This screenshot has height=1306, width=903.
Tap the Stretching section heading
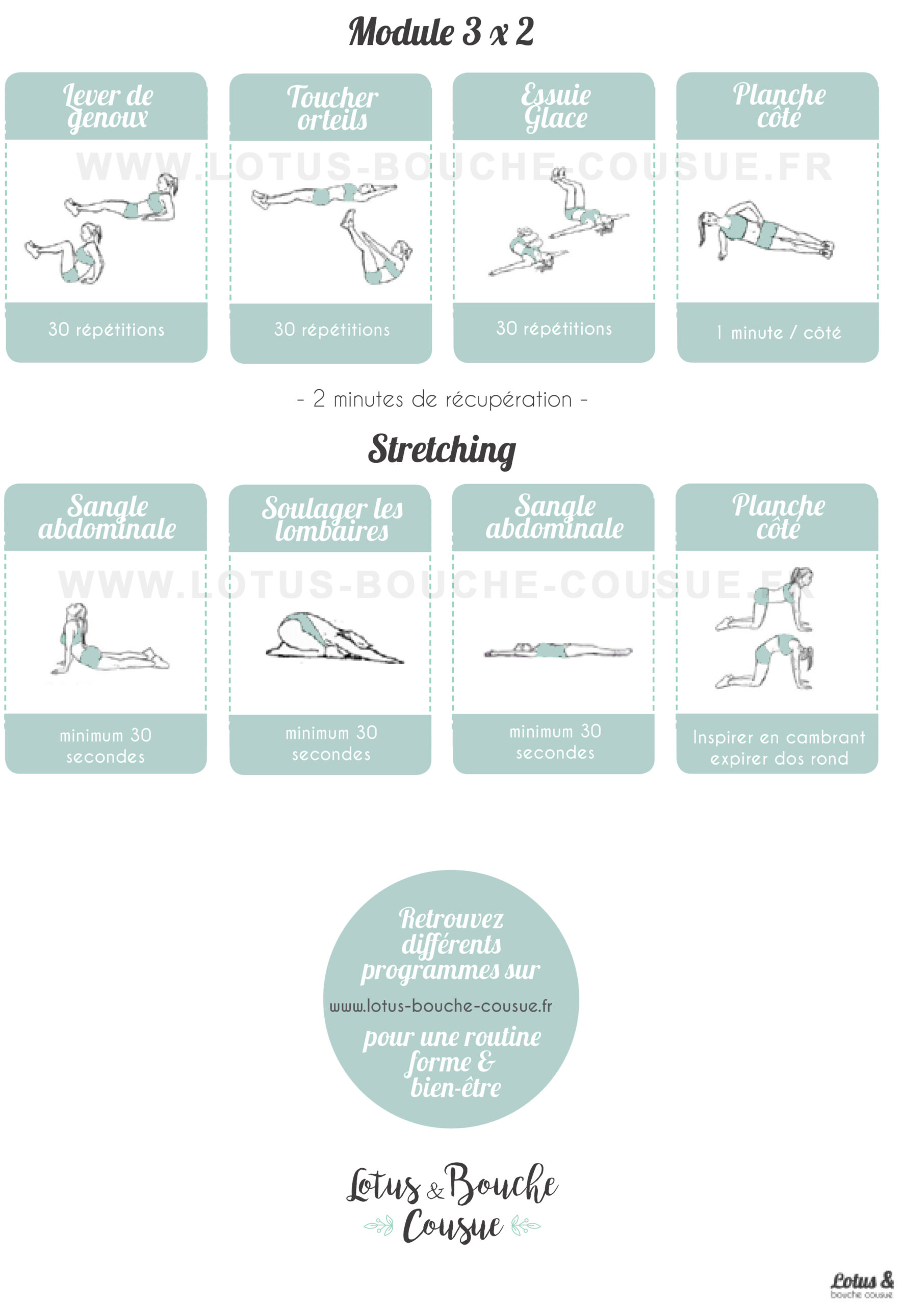tap(442, 450)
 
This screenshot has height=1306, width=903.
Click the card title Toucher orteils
tap(332, 108)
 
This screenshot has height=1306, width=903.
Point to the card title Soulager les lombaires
tap(332, 519)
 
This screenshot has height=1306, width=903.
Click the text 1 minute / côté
tap(779, 332)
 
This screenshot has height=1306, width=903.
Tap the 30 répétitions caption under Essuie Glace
tap(554, 329)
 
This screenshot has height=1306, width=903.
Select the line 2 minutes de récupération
tap(443, 399)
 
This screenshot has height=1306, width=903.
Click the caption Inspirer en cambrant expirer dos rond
tap(779, 747)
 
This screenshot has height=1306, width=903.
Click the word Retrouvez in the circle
tap(451, 918)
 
